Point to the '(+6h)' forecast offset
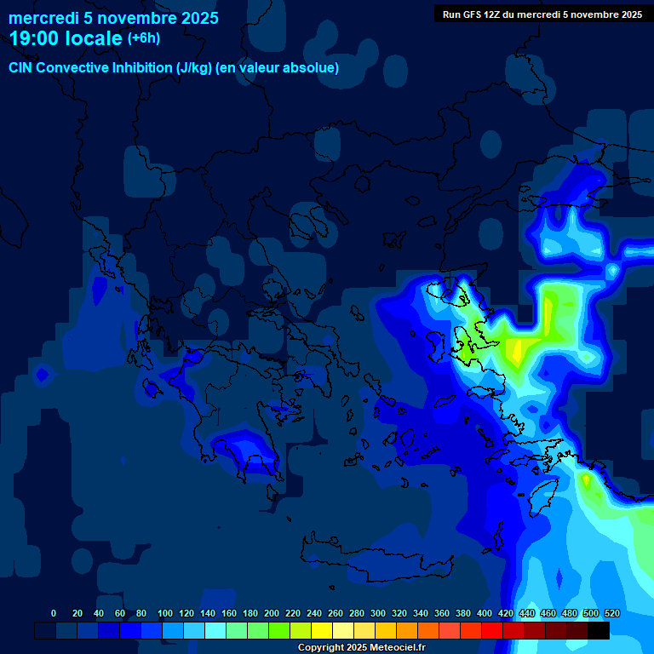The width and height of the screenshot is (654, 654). click(x=143, y=38)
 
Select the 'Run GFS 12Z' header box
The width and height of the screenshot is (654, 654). click(x=542, y=14)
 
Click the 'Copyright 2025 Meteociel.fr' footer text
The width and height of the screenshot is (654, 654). click(x=361, y=647)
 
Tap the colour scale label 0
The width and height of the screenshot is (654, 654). click(x=54, y=613)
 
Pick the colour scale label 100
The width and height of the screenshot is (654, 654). click(x=164, y=613)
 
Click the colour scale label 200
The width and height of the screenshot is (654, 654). click(x=271, y=613)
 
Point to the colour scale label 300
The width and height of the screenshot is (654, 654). click(x=377, y=613)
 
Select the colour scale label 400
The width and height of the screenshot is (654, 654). click(x=484, y=613)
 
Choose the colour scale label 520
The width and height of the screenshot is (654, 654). click(x=611, y=613)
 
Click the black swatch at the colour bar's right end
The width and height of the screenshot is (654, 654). click(x=599, y=631)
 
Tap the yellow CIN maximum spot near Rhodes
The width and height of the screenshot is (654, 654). click(x=586, y=481)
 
